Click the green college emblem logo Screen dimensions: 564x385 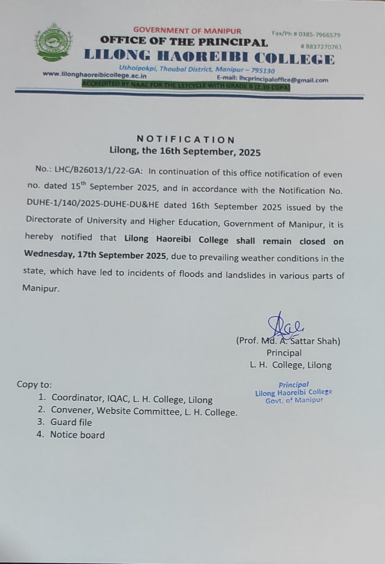click(x=53, y=42)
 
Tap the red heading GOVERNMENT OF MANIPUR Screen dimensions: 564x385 click(x=187, y=30)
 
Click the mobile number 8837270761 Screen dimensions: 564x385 click(x=322, y=47)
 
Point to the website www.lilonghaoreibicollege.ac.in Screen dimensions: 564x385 click(x=94, y=75)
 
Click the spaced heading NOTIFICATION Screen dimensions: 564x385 click(x=185, y=140)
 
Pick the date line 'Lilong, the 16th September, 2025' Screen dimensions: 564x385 click(x=185, y=152)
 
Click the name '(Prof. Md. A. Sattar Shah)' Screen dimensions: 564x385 click(x=288, y=341)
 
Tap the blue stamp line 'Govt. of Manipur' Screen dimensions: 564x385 click(x=294, y=400)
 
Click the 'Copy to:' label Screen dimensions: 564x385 click(x=34, y=384)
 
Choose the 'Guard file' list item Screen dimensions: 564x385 click(x=71, y=422)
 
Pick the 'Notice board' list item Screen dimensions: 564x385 click(x=77, y=435)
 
